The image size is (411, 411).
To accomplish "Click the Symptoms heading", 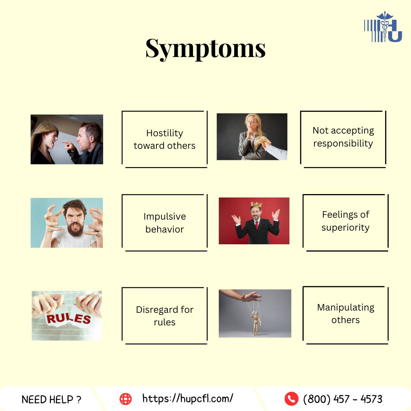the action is point(205,49).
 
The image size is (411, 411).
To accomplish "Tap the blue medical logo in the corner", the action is point(383,27).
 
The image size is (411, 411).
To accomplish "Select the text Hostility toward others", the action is point(165,139).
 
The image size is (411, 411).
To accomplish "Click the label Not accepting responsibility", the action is point(343,137).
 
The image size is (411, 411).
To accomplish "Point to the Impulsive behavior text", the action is point(165,223).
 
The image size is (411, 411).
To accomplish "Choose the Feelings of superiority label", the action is point(346,221).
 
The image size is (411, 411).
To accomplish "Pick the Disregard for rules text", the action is point(165,315).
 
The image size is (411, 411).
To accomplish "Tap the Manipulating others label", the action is point(346,314).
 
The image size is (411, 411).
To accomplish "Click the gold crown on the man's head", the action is point(256,204).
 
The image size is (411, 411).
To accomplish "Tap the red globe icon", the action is point(126,399).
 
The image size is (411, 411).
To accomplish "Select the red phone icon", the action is point(291,399).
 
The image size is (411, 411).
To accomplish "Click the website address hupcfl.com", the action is point(188,398).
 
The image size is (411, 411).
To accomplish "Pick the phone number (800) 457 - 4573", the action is point(343,399).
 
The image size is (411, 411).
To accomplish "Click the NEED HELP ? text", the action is point(51,400).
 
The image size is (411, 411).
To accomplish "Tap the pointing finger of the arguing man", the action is point(66,143).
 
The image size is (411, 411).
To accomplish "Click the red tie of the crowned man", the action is point(257,225).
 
